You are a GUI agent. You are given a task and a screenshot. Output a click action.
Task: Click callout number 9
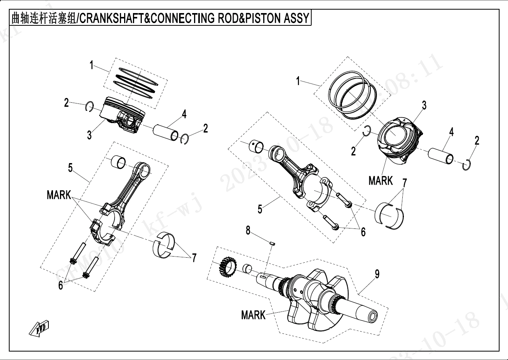coord(377,274)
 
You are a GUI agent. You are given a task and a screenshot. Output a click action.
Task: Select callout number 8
coord(248,230)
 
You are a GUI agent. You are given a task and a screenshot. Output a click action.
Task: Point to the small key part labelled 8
coord(272,243)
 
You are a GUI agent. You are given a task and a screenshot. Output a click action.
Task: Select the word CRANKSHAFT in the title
coord(111,18)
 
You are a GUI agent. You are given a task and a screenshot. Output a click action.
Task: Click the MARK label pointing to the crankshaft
coord(253,315)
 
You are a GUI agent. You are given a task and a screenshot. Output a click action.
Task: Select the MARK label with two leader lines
coord(58,195)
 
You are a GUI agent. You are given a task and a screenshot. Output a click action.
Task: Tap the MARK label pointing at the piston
coord(380,180)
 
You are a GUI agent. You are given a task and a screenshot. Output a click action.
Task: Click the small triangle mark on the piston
coord(404,120)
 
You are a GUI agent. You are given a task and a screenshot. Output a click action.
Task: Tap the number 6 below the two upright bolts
coord(61,285)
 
